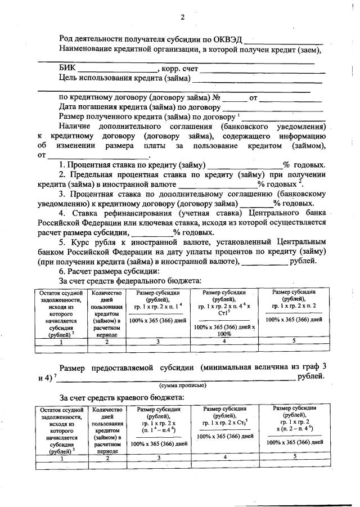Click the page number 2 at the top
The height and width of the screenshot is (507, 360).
click(182, 16)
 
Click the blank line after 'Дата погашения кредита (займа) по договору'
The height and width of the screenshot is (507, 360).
click(273, 107)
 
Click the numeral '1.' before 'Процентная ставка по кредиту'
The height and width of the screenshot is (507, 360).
click(62, 165)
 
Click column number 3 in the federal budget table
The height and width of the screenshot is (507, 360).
click(158, 342)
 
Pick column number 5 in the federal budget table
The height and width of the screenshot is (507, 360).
click(293, 340)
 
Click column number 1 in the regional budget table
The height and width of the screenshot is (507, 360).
click(61, 458)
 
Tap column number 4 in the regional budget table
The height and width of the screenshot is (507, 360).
click(224, 457)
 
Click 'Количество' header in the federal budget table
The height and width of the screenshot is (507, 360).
click(106, 294)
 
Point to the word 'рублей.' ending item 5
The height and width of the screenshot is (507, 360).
click(304, 261)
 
